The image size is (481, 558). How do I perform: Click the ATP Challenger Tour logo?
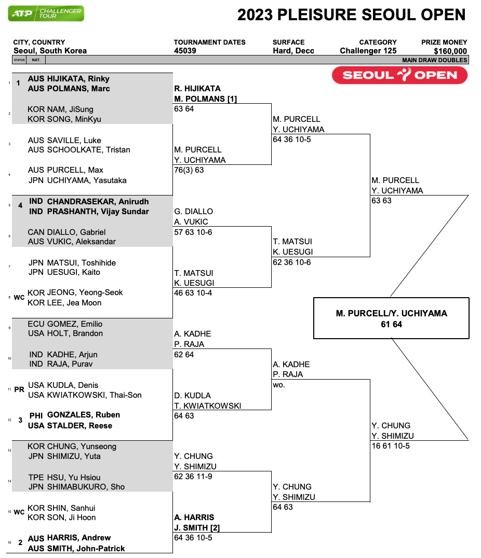46,13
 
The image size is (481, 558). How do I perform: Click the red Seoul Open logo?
399,75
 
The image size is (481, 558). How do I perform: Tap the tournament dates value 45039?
185,51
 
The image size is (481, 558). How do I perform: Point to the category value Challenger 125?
368,51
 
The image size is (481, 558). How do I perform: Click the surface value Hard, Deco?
293,51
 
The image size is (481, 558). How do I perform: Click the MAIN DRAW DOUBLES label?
435,60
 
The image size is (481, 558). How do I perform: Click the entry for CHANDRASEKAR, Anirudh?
98,202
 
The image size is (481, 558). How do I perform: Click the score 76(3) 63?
189,170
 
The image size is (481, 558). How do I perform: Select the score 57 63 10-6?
193,232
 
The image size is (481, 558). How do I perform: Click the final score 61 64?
391,325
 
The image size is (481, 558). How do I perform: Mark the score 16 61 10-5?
391,446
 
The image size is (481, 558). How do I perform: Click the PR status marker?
19,389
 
